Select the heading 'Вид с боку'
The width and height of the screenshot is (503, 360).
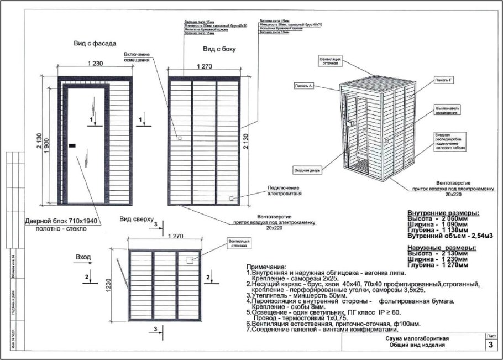pos(219,49)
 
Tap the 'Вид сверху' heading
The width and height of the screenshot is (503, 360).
pos(136,220)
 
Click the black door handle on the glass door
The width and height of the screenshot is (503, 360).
pos(72,145)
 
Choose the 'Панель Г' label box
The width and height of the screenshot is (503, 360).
pos(445,81)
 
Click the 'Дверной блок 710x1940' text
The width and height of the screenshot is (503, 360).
pos(57,221)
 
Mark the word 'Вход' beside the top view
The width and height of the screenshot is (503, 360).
pos(83,257)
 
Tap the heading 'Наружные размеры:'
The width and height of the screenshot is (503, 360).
pos(443,247)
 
